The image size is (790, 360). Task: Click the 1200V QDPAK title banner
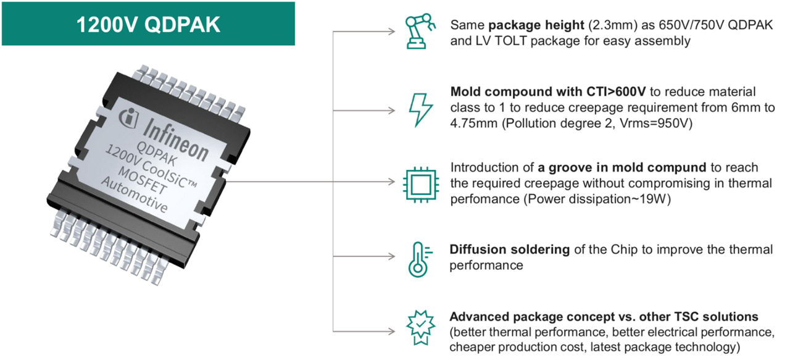point(148,23)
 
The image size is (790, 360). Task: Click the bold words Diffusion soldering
point(509,249)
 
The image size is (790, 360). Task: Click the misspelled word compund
point(672,168)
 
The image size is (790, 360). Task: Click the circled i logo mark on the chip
point(130,115)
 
